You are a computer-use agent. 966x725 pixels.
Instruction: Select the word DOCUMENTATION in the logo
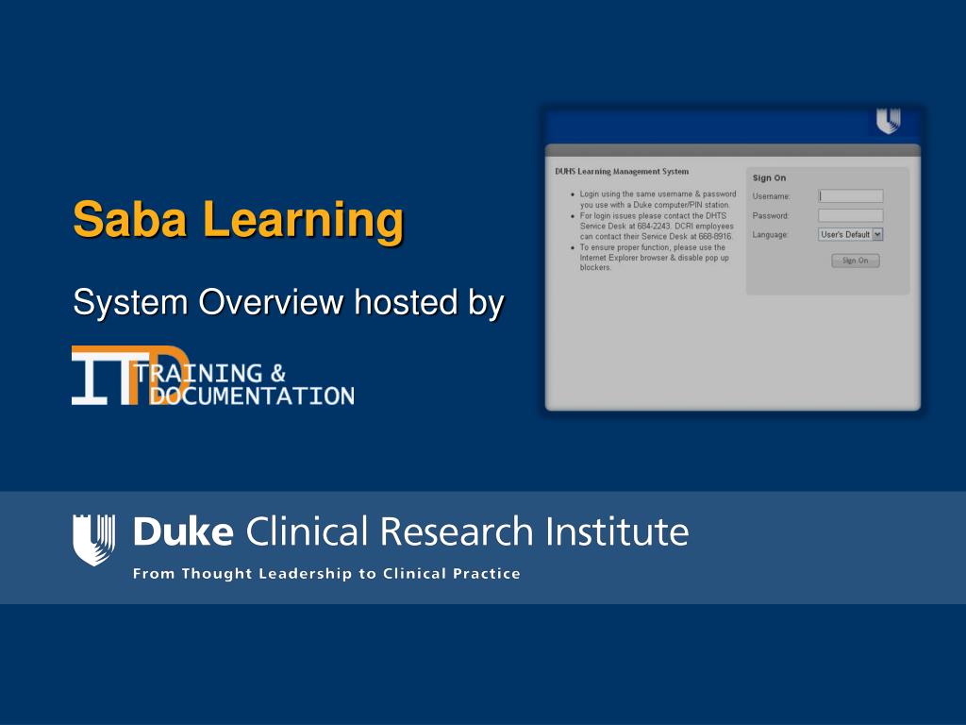point(253,396)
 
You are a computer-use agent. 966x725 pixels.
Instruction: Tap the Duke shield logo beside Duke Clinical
point(94,539)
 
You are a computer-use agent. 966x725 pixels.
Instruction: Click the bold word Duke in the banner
point(183,532)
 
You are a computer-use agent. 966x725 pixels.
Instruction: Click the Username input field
point(850,196)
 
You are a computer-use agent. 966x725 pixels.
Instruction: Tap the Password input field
point(850,215)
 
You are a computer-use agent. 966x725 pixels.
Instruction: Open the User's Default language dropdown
point(877,234)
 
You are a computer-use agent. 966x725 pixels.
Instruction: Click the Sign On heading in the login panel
point(769,177)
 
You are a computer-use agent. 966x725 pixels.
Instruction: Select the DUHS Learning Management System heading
point(622,172)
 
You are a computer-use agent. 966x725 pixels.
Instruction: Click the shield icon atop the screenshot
point(888,122)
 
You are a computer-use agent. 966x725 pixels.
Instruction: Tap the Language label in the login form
point(770,234)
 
